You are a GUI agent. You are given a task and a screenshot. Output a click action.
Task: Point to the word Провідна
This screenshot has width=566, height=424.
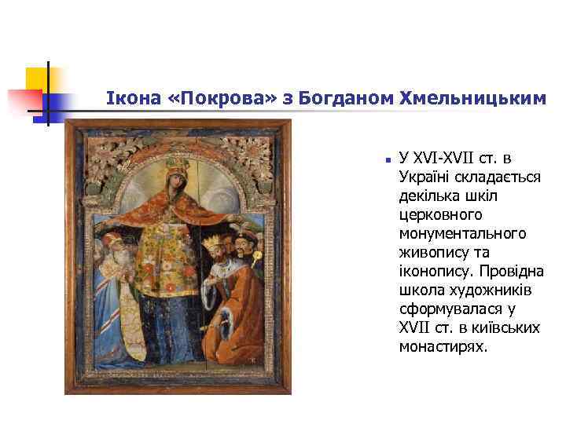coord(516,271)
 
